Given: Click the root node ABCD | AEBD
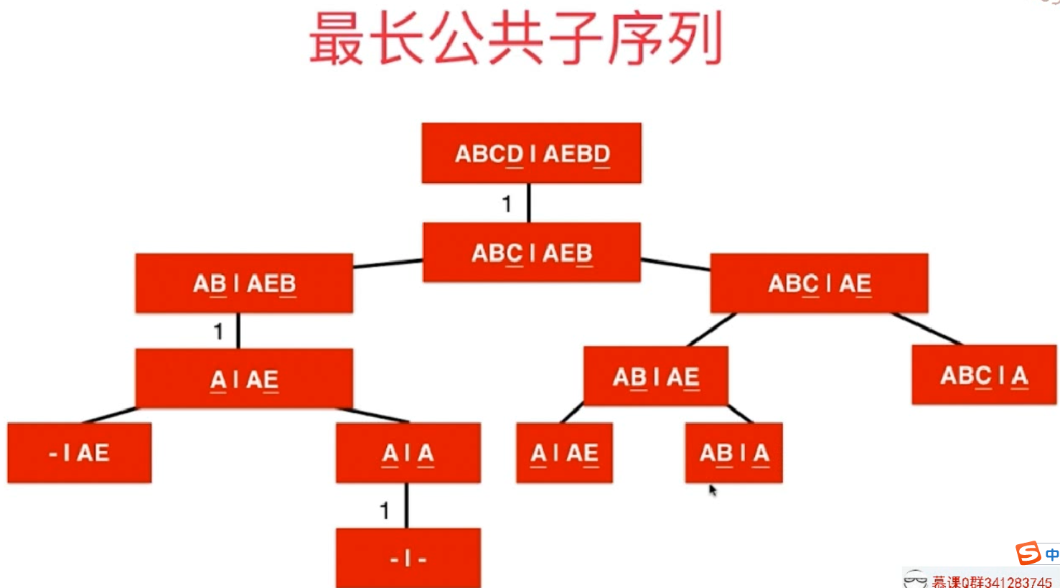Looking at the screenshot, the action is click(x=531, y=153).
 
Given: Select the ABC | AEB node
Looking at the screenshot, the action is click(x=531, y=252).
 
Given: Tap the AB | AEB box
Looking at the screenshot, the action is click(x=244, y=284).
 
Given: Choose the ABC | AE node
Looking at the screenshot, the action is click(x=819, y=284).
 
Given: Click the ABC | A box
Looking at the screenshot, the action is click(x=984, y=375).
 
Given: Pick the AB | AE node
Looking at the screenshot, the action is click(x=656, y=376).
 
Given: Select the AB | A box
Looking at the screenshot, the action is click(x=733, y=452).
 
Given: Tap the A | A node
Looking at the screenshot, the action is click(x=408, y=452).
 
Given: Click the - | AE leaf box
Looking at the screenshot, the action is click(x=79, y=452).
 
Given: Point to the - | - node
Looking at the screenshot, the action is click(x=408, y=558).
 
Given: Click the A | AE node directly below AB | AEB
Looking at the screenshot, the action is click(x=244, y=378).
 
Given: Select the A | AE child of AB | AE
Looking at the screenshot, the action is click(x=564, y=452).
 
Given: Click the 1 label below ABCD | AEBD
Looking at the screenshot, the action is click(x=507, y=204).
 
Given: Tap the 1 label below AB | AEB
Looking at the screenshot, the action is click(x=218, y=331).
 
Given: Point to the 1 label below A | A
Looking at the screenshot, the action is click(x=385, y=510).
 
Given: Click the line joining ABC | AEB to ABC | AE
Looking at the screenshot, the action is click(x=675, y=264).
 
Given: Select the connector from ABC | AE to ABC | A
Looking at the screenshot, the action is click(x=926, y=329).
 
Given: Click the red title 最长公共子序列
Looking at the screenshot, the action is click(x=515, y=39).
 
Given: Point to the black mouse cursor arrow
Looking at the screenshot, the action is click(x=712, y=490).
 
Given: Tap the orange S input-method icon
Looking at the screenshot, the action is click(x=1028, y=553).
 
